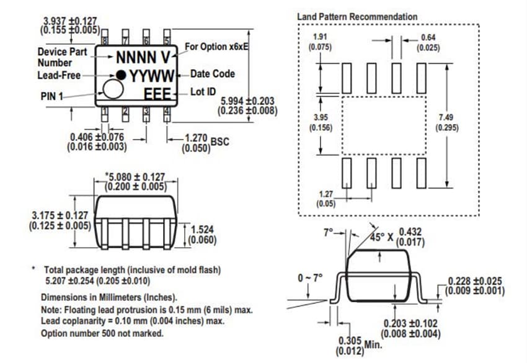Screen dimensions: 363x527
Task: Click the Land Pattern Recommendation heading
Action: click(x=357, y=16)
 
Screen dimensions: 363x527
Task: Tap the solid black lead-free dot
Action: click(x=122, y=75)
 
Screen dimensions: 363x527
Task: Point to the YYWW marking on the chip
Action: click(x=151, y=76)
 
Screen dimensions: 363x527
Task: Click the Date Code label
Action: click(x=213, y=74)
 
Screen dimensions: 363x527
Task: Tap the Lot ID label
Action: click(x=203, y=92)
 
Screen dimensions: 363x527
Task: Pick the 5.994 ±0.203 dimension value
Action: click(x=247, y=101)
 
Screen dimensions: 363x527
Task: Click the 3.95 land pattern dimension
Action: click(x=320, y=117)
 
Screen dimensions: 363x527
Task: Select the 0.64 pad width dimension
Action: click(x=428, y=37)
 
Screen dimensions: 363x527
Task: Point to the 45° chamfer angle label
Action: click(x=378, y=236)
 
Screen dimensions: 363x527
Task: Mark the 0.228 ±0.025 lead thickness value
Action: click(x=475, y=281)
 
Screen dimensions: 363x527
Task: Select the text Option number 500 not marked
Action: click(x=102, y=333)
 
